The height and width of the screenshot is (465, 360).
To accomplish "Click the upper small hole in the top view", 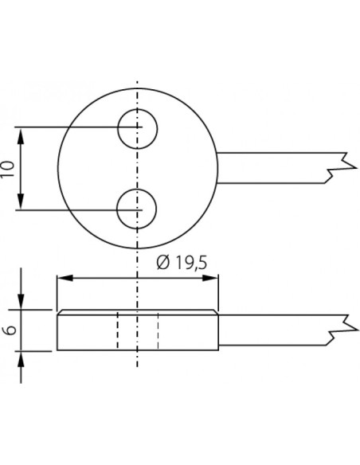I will coord(138,128).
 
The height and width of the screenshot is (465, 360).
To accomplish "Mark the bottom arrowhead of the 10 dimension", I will coord(22,205).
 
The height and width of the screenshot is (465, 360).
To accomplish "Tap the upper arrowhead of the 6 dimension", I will coord(22,304).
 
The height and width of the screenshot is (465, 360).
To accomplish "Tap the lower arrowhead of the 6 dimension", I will coord(22,355).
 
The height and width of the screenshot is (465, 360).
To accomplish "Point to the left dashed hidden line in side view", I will coord(118,329).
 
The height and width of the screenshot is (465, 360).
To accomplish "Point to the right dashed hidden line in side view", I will coord(158,329).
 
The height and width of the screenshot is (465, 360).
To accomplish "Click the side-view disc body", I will coord(88,330).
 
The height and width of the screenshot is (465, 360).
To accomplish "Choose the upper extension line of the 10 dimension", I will coord(72,127).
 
